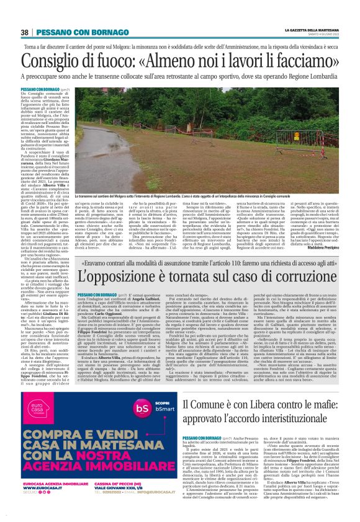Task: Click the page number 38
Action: pyautogui.click(x=25, y=32)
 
